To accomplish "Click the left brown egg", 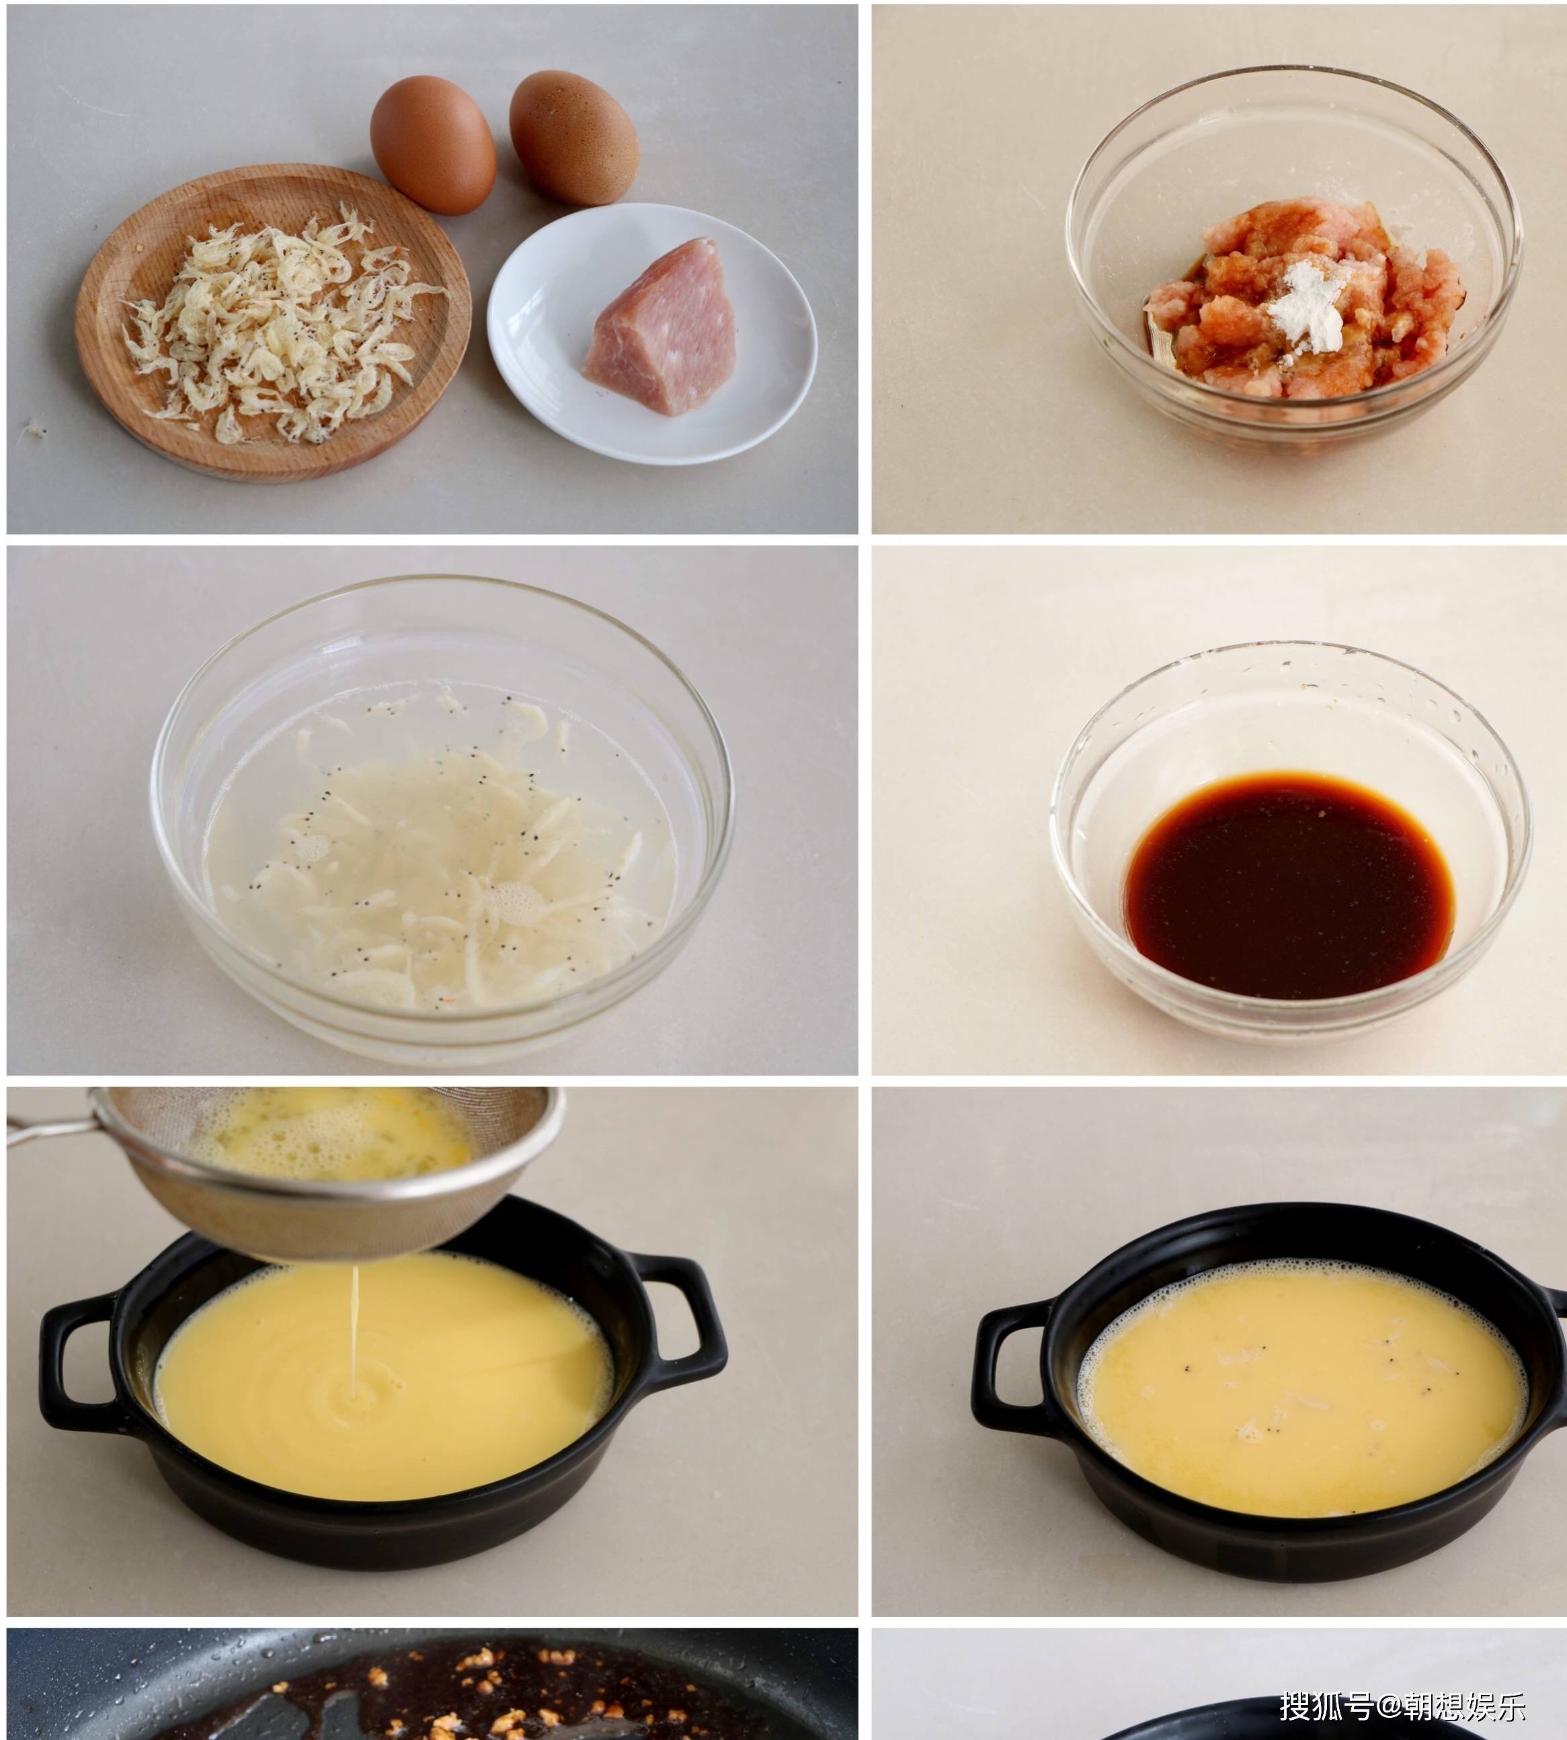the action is point(432,144).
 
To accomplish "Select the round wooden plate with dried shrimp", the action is point(273,323).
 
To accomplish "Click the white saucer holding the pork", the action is point(652,333).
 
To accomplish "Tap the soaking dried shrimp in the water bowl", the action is point(439,861).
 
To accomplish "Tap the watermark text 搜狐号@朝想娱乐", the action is point(1402,1706).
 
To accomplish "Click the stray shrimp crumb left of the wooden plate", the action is point(34,429).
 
